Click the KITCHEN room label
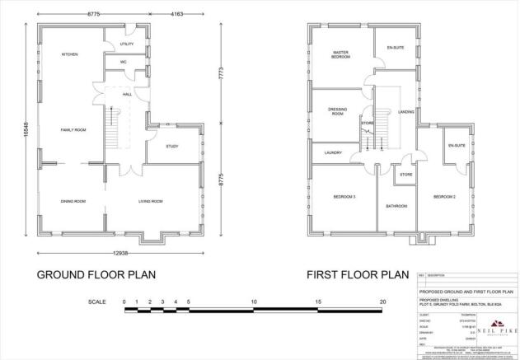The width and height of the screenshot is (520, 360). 69,54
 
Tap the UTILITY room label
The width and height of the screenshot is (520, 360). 126,44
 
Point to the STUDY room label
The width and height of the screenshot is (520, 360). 171,146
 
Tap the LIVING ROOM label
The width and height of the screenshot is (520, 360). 149,201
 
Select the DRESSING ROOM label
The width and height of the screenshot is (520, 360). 336,112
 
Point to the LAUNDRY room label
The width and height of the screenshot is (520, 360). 333,152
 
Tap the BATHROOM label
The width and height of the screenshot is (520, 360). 396,206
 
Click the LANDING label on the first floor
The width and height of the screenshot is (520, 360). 405,112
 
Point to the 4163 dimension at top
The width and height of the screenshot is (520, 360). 177,14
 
